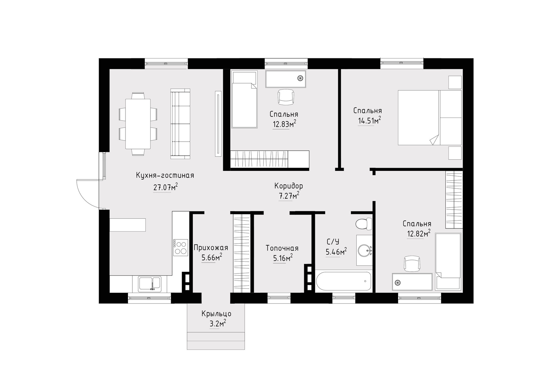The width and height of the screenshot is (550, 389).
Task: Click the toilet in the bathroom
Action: (x=364, y=224)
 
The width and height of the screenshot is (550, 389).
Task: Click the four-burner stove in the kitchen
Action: (x=180, y=248)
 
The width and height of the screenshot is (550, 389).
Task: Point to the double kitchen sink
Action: (x=150, y=284)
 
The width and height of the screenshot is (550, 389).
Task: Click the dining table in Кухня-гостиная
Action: (x=138, y=124)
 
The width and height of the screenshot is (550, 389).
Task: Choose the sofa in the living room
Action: (x=180, y=124)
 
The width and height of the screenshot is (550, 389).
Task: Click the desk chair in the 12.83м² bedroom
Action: (x=286, y=97)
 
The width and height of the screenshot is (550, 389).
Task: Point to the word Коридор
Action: (x=288, y=186)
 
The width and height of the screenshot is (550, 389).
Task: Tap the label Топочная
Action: (x=282, y=248)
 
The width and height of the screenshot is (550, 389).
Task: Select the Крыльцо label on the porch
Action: (x=216, y=314)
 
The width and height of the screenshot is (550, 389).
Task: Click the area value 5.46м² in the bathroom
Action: (x=336, y=252)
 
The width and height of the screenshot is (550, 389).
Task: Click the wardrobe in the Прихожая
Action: (x=242, y=254)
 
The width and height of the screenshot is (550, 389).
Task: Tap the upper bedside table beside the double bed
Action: (x=455, y=82)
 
